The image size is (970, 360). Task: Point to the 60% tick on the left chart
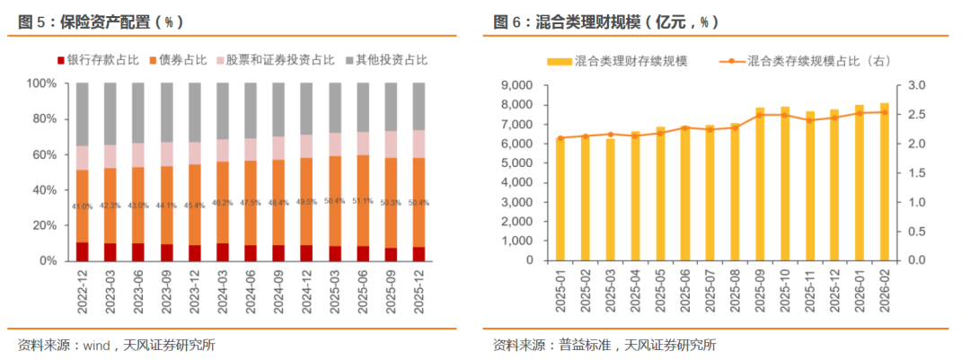(x=44, y=154)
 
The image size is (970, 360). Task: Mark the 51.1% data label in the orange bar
(x=363, y=202)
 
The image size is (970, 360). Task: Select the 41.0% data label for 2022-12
(x=83, y=206)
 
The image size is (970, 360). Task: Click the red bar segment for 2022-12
(x=83, y=251)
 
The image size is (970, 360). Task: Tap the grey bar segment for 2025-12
(x=419, y=106)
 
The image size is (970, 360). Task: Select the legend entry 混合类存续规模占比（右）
(x=808, y=60)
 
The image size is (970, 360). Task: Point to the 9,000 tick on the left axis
(x=512, y=85)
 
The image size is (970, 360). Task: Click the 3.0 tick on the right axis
(x=919, y=85)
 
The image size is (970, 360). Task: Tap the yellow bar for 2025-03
(x=611, y=199)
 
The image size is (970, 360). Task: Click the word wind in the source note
(x=96, y=345)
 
